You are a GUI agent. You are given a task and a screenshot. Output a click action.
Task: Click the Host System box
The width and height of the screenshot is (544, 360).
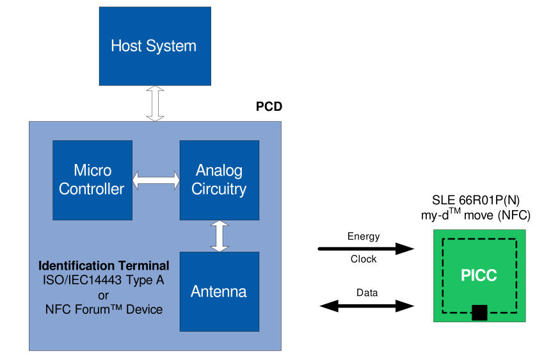click(154, 46)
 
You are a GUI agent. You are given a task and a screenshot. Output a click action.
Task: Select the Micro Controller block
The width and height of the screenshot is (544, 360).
click(93, 179)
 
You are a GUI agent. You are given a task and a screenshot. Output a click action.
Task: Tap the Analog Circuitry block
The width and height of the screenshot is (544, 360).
click(219, 179)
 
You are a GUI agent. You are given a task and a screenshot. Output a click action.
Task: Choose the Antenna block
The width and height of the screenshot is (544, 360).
click(219, 291)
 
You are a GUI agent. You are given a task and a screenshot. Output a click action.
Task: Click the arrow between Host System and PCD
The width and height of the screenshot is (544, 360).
click(155, 103)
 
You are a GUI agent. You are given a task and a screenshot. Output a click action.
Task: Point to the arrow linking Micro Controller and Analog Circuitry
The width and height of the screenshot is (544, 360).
click(156, 180)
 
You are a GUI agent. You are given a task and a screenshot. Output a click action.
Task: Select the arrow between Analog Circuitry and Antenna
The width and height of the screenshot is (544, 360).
click(220, 236)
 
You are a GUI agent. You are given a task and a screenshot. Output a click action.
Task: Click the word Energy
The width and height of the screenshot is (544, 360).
click(364, 236)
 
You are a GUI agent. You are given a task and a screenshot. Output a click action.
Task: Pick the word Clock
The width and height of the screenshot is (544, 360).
click(364, 259)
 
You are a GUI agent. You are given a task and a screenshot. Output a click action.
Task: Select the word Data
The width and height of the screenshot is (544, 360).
click(367, 293)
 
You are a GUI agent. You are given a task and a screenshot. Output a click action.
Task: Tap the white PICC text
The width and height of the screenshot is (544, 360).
click(479, 276)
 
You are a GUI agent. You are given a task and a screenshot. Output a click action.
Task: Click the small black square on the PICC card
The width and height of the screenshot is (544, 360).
click(479, 313)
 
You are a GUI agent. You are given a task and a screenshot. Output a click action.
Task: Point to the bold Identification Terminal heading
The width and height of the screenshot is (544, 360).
click(104, 265)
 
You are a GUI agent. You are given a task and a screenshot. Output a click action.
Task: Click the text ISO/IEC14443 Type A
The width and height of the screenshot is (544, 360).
click(104, 280)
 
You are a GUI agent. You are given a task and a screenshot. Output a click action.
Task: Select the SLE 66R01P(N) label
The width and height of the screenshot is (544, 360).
click(479, 199)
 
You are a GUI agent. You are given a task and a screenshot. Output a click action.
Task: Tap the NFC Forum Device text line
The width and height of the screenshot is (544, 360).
click(104, 309)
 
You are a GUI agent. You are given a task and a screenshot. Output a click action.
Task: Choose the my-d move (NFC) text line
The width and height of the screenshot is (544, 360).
click(479, 215)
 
